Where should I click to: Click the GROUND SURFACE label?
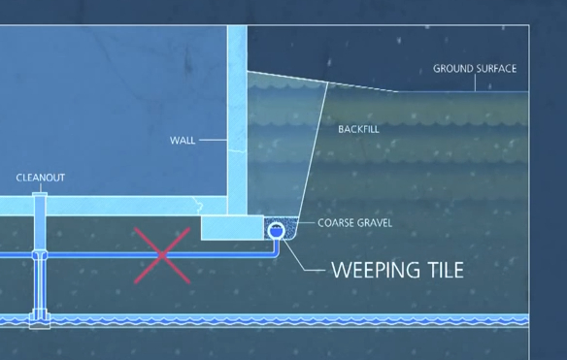point(474,69)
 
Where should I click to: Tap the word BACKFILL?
point(359,129)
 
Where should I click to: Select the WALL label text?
point(183,140)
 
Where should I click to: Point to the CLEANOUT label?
point(41,179)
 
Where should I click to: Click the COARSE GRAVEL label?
point(354,223)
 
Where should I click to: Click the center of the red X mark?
point(162,254)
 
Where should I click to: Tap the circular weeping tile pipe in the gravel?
point(276,231)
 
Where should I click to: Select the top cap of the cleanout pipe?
point(40,195)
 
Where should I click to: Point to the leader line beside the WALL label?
point(214,140)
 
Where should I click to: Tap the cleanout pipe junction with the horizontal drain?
point(40,256)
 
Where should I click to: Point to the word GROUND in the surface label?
point(452,69)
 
